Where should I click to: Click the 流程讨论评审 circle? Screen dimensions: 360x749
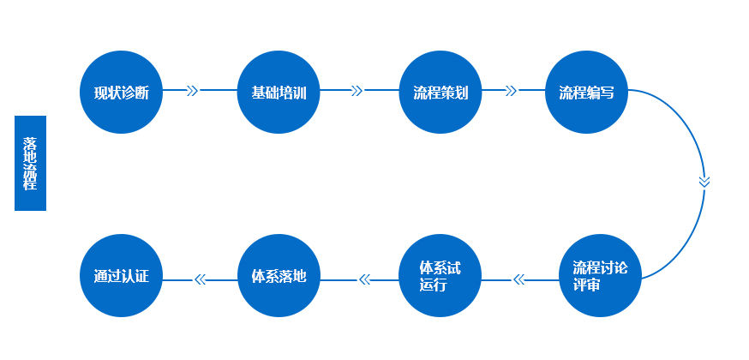(600, 276)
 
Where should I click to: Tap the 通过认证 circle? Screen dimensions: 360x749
(122, 276)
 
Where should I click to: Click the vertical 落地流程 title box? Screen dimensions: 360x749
(30, 163)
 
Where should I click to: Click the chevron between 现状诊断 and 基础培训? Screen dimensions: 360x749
(192, 90)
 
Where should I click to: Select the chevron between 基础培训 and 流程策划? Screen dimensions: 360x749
(357, 90)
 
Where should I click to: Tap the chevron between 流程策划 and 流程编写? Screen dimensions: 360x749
(512, 90)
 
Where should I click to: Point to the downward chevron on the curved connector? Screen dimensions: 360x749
(704, 181)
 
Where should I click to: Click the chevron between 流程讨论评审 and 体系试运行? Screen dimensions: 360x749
(518, 279)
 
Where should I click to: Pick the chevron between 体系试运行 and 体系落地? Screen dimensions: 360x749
(363, 279)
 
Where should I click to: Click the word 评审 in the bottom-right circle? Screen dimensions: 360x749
(586, 285)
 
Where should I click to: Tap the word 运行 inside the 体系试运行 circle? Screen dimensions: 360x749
(434, 285)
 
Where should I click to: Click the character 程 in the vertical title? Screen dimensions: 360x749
(30, 183)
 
